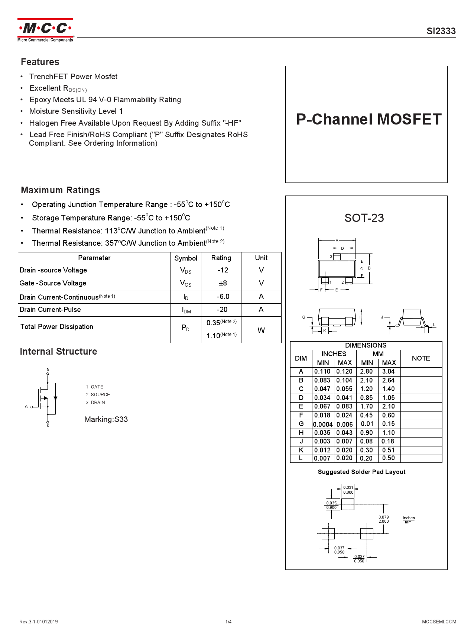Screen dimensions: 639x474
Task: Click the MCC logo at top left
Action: point(45,30)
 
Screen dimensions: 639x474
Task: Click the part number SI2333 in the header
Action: point(441,31)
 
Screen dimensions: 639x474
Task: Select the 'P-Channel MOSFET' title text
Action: point(369,119)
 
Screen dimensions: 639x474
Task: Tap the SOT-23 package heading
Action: point(364,218)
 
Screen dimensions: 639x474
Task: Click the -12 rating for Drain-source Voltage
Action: point(223,270)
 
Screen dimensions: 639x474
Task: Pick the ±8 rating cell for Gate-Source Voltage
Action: point(223,283)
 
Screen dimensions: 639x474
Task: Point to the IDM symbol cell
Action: point(186,310)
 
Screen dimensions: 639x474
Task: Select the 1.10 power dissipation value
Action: point(214,336)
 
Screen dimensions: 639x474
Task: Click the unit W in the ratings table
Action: point(261,330)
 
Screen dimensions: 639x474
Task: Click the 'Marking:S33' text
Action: point(106,419)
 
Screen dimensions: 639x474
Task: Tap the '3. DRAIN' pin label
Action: point(95,403)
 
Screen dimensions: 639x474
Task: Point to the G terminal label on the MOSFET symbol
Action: point(26,407)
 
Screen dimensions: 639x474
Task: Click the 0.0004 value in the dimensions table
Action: point(323,425)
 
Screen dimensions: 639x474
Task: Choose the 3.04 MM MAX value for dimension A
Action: point(389,371)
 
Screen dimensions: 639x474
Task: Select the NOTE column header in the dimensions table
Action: point(421,358)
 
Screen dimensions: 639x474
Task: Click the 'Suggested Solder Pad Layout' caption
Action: point(361,472)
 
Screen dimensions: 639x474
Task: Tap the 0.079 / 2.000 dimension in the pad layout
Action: point(383,519)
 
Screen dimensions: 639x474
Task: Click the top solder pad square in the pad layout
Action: point(348,504)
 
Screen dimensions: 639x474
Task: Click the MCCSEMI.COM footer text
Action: point(439,622)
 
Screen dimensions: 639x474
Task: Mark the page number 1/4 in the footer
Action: point(228,622)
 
